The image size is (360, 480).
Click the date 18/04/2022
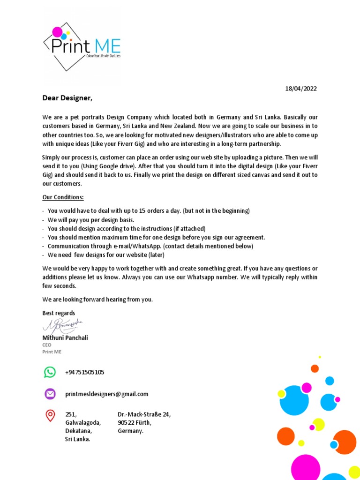point(301,89)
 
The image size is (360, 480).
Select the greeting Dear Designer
point(67,98)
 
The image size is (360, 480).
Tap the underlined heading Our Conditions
point(63,197)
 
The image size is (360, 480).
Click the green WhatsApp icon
point(50,372)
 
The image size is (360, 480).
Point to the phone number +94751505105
point(85,372)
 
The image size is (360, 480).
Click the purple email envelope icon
point(50,394)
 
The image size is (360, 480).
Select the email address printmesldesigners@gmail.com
point(107,394)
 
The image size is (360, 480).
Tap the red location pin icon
point(50,415)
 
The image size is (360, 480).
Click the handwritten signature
point(63,324)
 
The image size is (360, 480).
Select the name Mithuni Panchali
point(65,337)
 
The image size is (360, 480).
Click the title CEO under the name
point(47,345)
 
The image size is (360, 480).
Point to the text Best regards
point(59,313)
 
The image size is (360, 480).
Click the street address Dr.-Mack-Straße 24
point(144,414)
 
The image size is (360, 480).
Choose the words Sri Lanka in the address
point(77,439)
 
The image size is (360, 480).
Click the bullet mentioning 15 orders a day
point(148,211)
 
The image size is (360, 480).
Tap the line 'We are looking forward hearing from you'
point(97,299)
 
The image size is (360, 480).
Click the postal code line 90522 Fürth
point(135,422)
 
